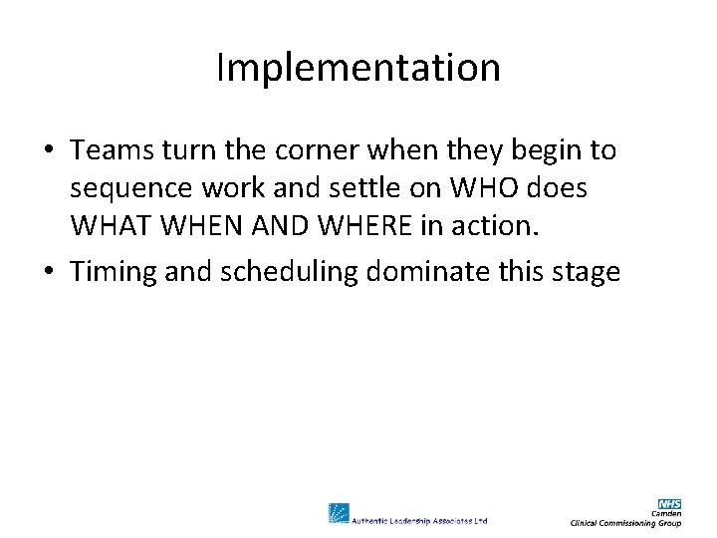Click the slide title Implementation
tap(358, 68)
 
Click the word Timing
tap(112, 271)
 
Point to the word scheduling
tap(291, 271)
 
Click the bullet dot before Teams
tap(49, 151)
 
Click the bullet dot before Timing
tap(49, 271)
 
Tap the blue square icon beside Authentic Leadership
tap(339, 513)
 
